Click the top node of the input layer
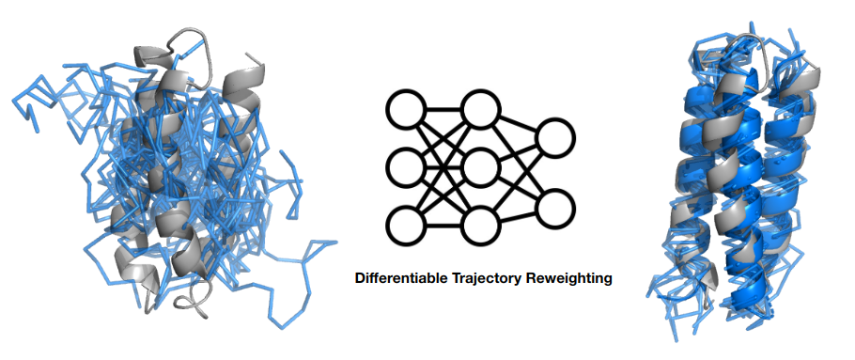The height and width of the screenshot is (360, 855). click(x=406, y=110)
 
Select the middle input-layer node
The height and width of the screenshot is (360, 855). click(x=406, y=167)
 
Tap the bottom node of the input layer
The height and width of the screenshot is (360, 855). click(x=406, y=225)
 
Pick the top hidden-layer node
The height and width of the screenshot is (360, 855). click(x=481, y=110)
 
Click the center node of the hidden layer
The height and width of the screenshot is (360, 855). click(x=481, y=167)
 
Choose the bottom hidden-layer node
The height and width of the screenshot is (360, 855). click(x=481, y=225)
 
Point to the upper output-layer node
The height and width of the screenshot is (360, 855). click(x=555, y=138)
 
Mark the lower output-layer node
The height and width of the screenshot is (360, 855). click(x=555, y=210)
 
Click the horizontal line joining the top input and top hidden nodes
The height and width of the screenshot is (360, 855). click(x=443, y=110)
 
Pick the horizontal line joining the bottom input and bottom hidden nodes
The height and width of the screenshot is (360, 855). click(x=443, y=225)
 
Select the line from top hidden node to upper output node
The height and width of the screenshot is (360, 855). click(x=518, y=124)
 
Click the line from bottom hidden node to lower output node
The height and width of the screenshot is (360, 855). click(x=518, y=217)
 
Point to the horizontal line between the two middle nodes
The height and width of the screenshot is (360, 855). click(x=443, y=167)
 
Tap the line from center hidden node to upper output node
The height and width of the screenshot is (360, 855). click(x=518, y=153)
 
